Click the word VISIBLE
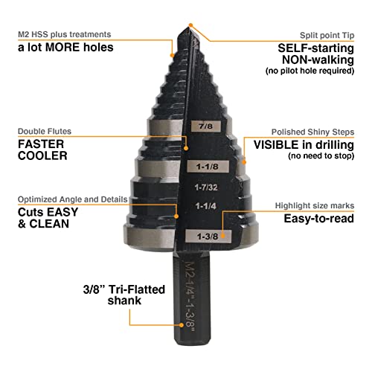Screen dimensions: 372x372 point(281,145)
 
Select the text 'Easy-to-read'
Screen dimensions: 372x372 point(321,219)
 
